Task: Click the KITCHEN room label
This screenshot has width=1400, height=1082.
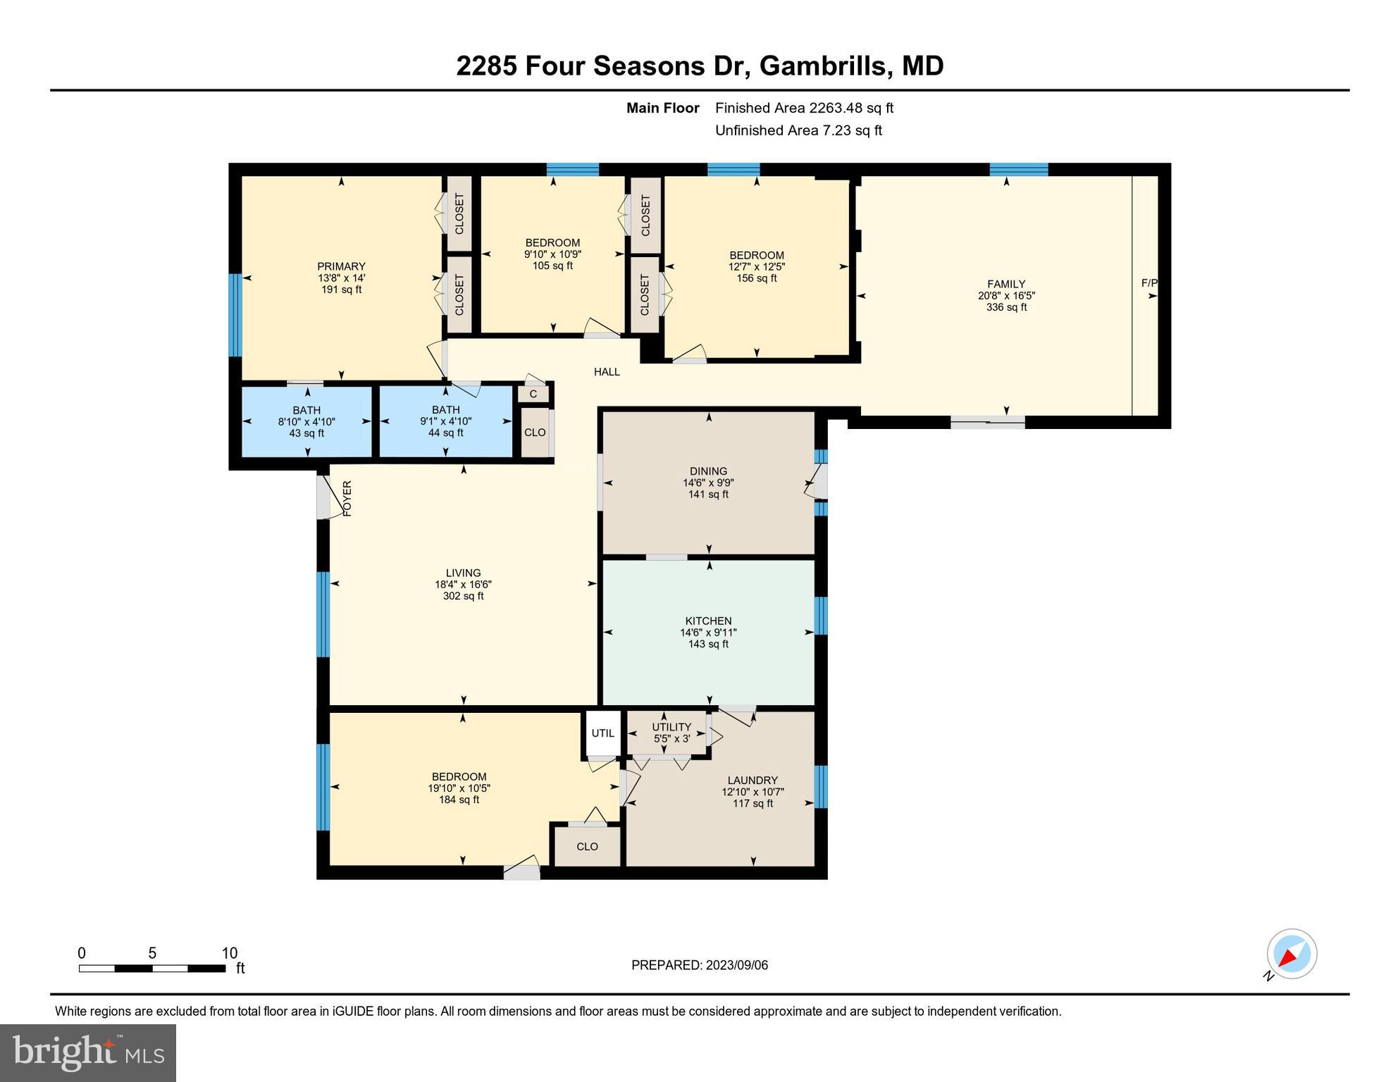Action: pyautogui.click(x=708, y=621)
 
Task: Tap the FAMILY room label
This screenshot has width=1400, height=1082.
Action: pyautogui.click(x=1005, y=284)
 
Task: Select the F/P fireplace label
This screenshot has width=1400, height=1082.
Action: pyautogui.click(x=1148, y=283)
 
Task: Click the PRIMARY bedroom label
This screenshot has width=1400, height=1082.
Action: pyautogui.click(x=341, y=266)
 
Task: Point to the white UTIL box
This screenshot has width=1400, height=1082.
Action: pyautogui.click(x=602, y=733)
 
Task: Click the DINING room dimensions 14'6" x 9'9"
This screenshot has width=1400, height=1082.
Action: pyautogui.click(x=708, y=483)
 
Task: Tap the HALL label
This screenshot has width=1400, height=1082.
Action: pyautogui.click(x=606, y=372)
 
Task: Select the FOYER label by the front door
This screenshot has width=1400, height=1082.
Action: pyautogui.click(x=347, y=498)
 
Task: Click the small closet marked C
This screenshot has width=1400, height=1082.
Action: pyautogui.click(x=533, y=394)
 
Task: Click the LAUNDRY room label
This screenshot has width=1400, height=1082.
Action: pyautogui.click(x=752, y=780)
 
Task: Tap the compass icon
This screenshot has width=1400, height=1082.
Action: pyautogui.click(x=1291, y=954)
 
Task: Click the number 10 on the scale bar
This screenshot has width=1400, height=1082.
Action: pyautogui.click(x=230, y=953)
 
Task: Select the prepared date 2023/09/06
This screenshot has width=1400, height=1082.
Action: pyautogui.click(x=733, y=965)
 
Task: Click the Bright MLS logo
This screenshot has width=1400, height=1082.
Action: pyautogui.click(x=88, y=1052)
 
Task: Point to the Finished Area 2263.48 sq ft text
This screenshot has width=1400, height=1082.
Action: pyautogui.click(x=804, y=108)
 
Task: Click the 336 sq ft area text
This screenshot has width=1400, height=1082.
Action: pyautogui.click(x=1005, y=307)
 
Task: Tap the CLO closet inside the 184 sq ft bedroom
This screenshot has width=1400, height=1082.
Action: pyautogui.click(x=587, y=846)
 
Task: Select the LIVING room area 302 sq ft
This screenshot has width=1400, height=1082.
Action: pyautogui.click(x=463, y=596)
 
